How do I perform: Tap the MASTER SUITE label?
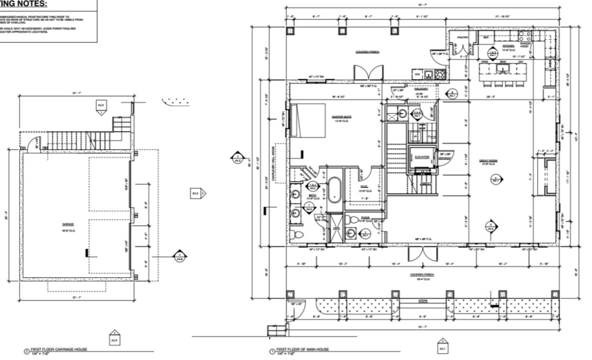[x=341, y=116]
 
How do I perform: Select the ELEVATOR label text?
[x=421, y=157]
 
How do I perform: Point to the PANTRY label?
[x=462, y=37]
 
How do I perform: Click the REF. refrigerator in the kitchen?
[x=485, y=37]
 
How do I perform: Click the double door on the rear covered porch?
[x=369, y=73]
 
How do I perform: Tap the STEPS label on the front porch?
[x=423, y=301]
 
